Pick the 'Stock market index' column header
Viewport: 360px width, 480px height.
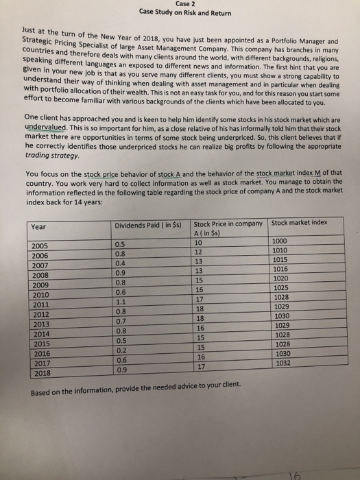coord(299,222)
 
